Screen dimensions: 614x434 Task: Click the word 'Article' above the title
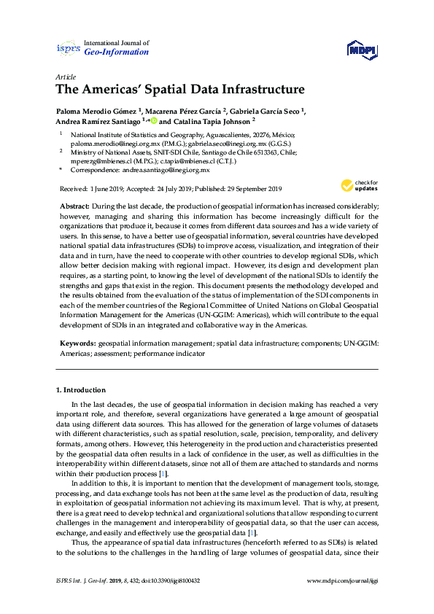tap(64, 77)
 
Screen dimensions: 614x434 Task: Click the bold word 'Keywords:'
tap(77, 341)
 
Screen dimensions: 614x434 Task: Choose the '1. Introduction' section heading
tap(80, 390)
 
